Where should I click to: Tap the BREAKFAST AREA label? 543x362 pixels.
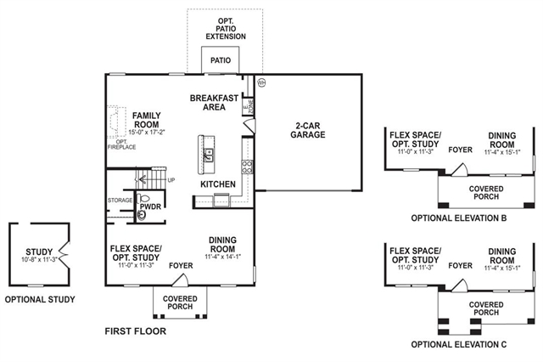coord(213,103)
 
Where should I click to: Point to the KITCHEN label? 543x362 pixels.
coord(217,184)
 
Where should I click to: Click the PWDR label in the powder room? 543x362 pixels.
coord(151,205)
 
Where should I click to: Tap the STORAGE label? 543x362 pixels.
coord(120,201)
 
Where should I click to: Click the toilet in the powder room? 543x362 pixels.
coord(141,215)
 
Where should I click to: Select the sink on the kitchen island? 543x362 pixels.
coord(208,154)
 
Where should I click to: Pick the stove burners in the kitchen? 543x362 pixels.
coord(246,166)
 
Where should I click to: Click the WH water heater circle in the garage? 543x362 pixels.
coord(261,82)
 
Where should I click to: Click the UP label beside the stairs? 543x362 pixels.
coord(172,180)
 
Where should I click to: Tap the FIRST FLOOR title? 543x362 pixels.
coord(135,331)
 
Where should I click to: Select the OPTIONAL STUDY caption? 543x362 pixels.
coord(40,299)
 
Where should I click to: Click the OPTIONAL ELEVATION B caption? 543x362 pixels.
coord(458,218)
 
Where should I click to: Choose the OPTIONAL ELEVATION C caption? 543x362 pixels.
coord(458,344)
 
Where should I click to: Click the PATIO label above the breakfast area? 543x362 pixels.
coord(221,60)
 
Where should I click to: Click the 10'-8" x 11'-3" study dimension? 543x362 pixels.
coord(39,259)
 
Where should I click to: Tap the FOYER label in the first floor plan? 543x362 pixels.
coord(181,265)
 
